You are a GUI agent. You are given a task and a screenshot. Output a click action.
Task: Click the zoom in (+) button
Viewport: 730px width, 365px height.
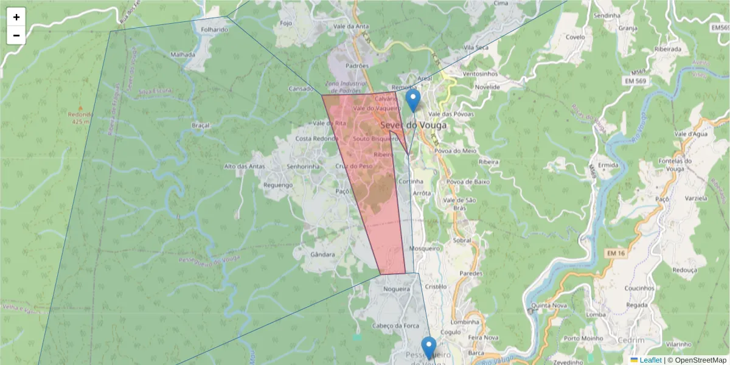pyautogui.click(x=16, y=17)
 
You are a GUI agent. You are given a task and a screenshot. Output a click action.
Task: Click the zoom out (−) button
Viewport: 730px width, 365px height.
pyautogui.click(x=16, y=35)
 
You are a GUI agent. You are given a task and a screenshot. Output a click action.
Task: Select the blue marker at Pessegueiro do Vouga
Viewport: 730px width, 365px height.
pyautogui.click(x=429, y=347)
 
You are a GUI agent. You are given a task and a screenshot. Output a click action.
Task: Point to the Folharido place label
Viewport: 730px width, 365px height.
pyautogui.click(x=214, y=29)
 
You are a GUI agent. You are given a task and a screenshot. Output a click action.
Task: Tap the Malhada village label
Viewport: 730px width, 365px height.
pyautogui.click(x=183, y=54)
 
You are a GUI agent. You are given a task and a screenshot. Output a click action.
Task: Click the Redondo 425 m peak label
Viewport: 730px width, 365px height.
pyautogui.click(x=80, y=117)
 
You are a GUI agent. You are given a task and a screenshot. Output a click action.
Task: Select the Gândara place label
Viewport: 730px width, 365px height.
pyautogui.click(x=322, y=254)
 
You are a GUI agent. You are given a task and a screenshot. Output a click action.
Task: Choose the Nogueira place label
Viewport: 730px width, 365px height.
pyautogui.click(x=397, y=290)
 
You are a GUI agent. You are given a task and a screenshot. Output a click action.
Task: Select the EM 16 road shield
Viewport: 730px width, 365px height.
pyautogui.click(x=615, y=252)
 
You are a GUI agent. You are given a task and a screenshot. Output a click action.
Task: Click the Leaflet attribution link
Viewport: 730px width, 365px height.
pyautogui.click(x=650, y=360)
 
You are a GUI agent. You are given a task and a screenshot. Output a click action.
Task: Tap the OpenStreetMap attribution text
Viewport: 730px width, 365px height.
pyautogui.click(x=700, y=360)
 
